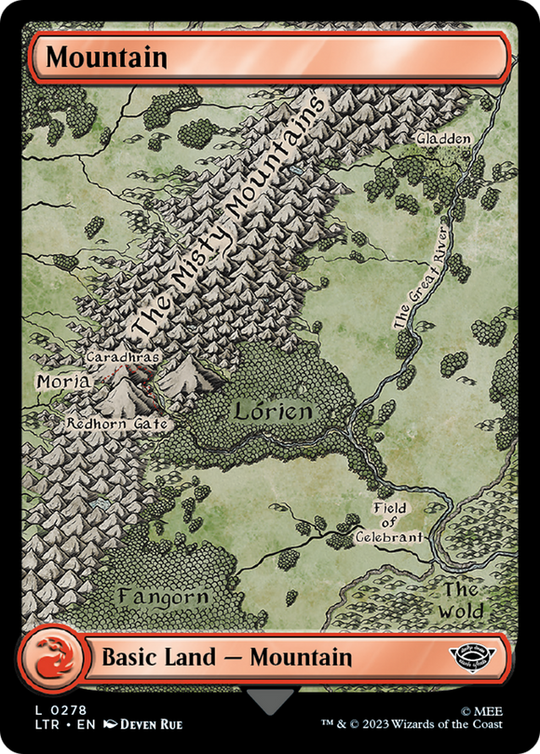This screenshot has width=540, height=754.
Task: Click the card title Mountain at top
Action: click(107, 57)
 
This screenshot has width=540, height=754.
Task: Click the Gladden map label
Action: click(444, 139)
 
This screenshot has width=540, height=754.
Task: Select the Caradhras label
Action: click(123, 357)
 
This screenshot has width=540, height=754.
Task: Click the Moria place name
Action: click(63, 382)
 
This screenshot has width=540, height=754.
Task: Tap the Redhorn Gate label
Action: click(117, 424)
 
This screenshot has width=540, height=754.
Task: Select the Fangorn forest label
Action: click(163, 595)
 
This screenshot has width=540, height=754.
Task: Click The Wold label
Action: click(462, 600)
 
